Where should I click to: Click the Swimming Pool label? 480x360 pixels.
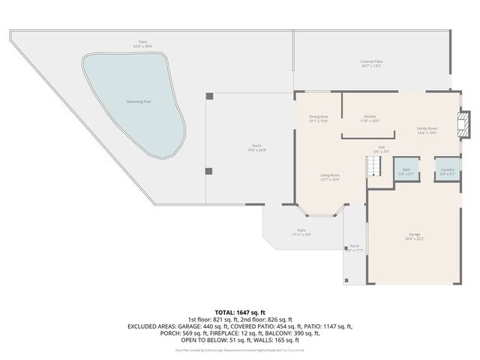(136, 100)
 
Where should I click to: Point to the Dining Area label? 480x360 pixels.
(318, 117)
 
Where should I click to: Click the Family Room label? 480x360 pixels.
(427, 129)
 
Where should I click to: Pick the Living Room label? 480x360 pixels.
(330, 175)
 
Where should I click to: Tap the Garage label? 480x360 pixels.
(415, 234)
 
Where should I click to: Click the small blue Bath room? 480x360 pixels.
(406, 170)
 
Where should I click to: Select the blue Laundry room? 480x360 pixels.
(448, 170)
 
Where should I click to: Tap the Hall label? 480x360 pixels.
(381, 147)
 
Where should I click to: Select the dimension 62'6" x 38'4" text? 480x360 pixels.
(142, 46)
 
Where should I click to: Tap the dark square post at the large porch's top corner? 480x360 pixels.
(209, 96)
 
